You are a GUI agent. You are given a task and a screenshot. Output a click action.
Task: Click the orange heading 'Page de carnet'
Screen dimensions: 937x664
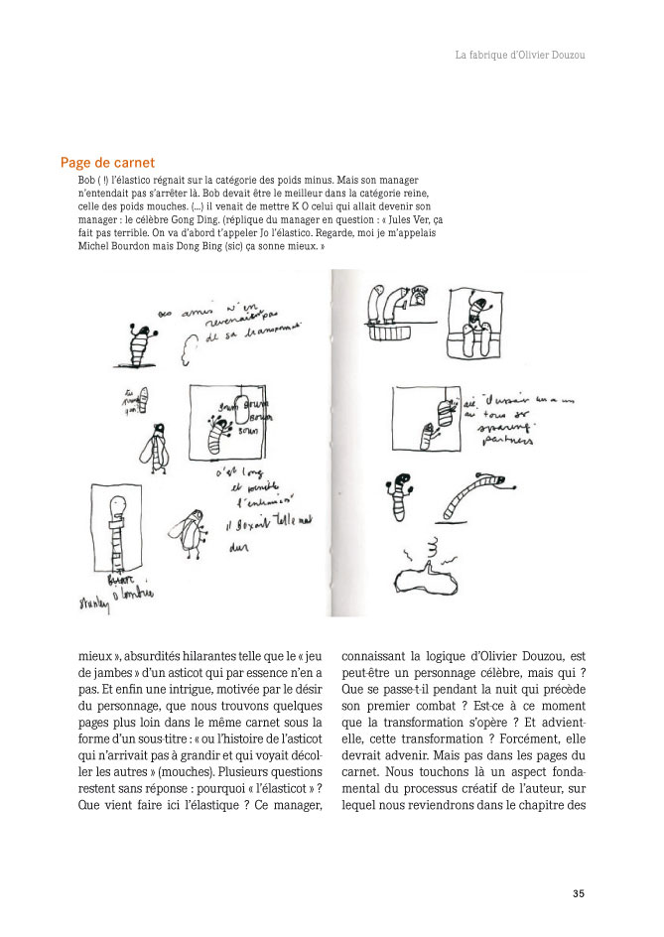click(107, 162)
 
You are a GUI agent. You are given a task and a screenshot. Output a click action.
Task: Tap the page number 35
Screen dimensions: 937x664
click(579, 892)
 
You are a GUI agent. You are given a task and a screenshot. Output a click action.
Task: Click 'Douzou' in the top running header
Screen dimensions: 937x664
click(563, 56)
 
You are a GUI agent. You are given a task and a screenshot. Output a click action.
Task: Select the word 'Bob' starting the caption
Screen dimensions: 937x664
click(85, 183)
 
